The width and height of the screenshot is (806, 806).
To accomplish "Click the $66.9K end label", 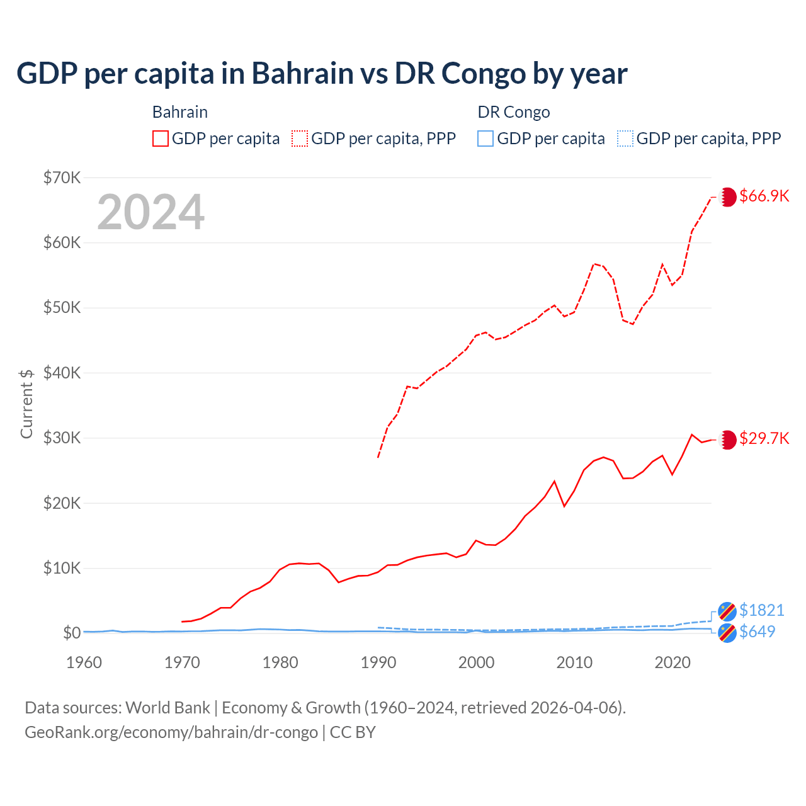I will pyautogui.click(x=764, y=196).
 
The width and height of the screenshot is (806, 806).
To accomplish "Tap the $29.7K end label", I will pyautogui.click(x=764, y=438).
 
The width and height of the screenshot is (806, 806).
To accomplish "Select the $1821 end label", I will pyautogui.click(x=761, y=610).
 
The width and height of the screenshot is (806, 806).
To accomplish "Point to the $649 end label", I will pyautogui.click(x=757, y=632).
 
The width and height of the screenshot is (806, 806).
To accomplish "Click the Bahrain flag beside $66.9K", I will pyautogui.click(x=727, y=196).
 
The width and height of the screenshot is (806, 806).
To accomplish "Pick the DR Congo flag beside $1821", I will pyautogui.click(x=727, y=611).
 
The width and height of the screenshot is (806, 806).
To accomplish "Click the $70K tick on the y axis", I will pyautogui.click(x=62, y=178).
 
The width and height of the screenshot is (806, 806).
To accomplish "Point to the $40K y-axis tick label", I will pyautogui.click(x=62, y=373).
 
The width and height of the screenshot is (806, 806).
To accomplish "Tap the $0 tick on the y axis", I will pyautogui.click(x=72, y=633).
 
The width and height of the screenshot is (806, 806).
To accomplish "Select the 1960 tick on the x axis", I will pyautogui.click(x=84, y=662).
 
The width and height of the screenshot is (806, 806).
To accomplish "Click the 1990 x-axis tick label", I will pyautogui.click(x=378, y=662).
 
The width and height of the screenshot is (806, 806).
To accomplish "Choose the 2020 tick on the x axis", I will pyautogui.click(x=673, y=662).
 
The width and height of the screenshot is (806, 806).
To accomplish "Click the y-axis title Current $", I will pyautogui.click(x=26, y=404).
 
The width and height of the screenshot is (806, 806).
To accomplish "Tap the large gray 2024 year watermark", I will pyautogui.click(x=150, y=212).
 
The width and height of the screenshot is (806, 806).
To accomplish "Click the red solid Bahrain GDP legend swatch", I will pyautogui.click(x=161, y=139).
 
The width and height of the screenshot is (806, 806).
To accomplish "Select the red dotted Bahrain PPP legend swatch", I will pyautogui.click(x=300, y=139).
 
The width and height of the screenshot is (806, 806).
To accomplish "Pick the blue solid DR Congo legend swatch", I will pyautogui.click(x=485, y=139).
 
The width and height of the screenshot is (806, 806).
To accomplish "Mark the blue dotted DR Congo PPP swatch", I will pyautogui.click(x=625, y=139).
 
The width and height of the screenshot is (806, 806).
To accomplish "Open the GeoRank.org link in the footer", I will pyautogui.click(x=171, y=732).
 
